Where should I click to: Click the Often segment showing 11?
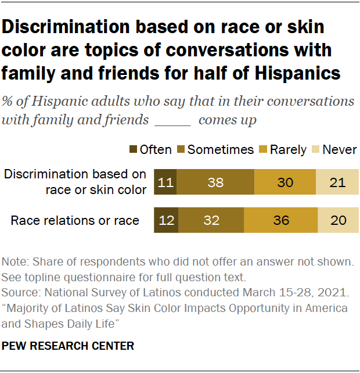pyautogui.click(x=165, y=182)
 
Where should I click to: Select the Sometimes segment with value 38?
pyautogui.click(x=215, y=182)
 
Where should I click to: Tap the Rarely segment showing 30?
pyautogui.click(x=285, y=182)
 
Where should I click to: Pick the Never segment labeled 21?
pyautogui.click(x=337, y=182)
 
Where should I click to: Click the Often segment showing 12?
pyautogui.click(x=166, y=220)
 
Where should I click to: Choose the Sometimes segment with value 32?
pyautogui.click(x=211, y=220)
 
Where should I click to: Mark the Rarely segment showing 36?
pyautogui.click(x=281, y=220)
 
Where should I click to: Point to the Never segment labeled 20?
pyautogui.click(x=339, y=220)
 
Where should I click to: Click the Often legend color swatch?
pyautogui.click(x=133, y=150)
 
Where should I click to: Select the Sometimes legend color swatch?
pyautogui.click(x=180, y=150)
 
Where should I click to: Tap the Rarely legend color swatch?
pyautogui.click(x=262, y=150)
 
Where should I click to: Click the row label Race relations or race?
pyautogui.click(x=75, y=220)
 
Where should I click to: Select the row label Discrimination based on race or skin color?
pyautogui.click(x=75, y=182)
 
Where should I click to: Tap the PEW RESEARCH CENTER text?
pyautogui.click(x=69, y=346)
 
